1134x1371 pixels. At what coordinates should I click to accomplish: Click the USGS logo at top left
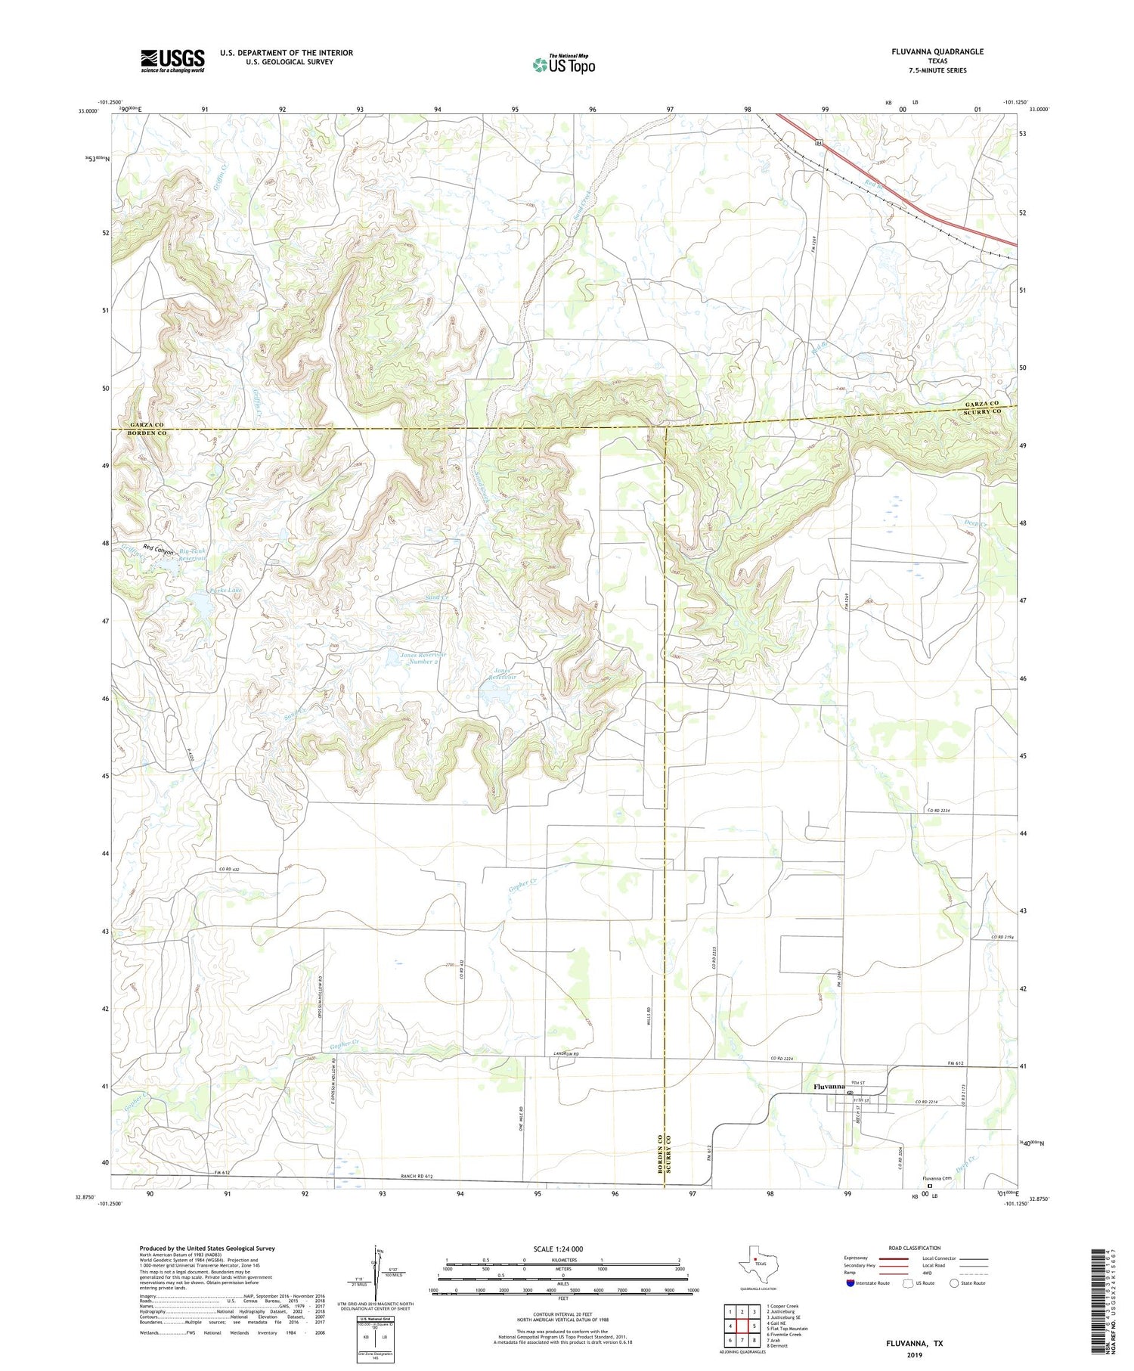pos(172,60)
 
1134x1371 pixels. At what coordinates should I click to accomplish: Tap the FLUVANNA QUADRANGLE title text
pos(937,51)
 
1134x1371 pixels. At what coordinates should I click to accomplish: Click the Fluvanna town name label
pos(829,1087)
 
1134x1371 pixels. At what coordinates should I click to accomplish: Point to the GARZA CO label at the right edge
pos(981,405)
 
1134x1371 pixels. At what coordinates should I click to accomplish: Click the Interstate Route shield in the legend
pos(850,1283)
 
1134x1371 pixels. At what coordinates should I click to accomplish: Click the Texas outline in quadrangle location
pos(753,1261)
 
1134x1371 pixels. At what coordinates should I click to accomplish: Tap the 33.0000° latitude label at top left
pos(88,110)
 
